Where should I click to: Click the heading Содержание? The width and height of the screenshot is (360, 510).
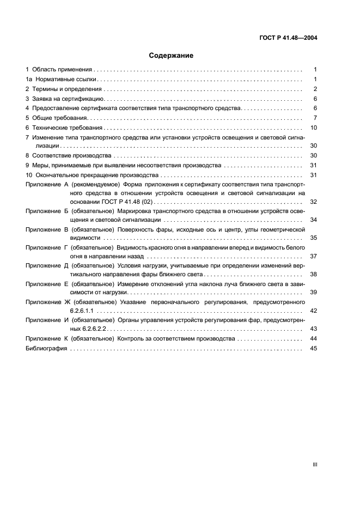point(171,56)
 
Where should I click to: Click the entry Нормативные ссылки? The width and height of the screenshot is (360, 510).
point(66,80)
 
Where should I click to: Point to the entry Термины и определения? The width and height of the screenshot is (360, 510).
point(67,89)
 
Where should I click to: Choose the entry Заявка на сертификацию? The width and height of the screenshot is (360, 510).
point(68,99)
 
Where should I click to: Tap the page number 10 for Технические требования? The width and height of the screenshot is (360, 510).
point(313,127)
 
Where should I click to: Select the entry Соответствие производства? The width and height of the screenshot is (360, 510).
point(71,155)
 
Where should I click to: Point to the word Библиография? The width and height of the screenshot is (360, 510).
point(46,348)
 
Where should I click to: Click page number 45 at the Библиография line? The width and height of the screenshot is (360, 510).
point(313,348)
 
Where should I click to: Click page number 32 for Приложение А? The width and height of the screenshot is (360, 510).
point(313,202)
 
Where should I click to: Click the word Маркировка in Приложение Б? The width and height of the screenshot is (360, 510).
point(133,211)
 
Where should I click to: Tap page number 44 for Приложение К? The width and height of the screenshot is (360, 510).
point(313,338)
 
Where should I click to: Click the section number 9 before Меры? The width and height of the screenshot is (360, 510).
point(27,165)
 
